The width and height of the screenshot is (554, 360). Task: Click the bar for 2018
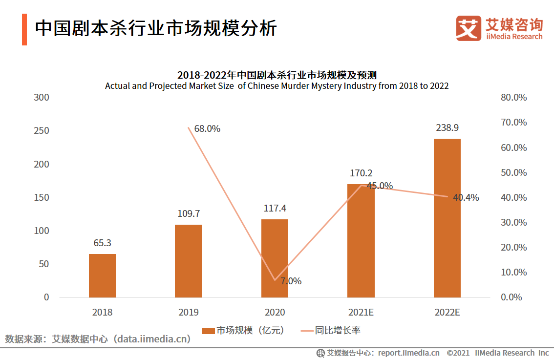(x=102, y=275)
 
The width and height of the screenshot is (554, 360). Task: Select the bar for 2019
(x=188, y=261)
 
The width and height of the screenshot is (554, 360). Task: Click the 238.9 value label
(x=447, y=127)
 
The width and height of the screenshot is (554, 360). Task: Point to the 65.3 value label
(x=102, y=243)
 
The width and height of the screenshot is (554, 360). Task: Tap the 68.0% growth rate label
(x=207, y=129)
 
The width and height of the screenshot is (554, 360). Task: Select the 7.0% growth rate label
(x=291, y=281)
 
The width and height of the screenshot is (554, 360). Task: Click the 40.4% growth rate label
(x=466, y=198)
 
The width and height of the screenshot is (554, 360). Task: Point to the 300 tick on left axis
(x=42, y=97)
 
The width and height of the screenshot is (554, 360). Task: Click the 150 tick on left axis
(x=42, y=197)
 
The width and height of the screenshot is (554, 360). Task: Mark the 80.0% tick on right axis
(x=514, y=97)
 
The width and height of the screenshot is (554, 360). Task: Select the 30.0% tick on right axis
(x=514, y=222)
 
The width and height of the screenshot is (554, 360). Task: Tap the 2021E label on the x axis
(x=361, y=312)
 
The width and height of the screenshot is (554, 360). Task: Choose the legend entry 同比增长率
(x=330, y=331)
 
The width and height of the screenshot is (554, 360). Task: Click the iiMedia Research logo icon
(x=469, y=28)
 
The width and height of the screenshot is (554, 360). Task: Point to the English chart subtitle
(x=277, y=86)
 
